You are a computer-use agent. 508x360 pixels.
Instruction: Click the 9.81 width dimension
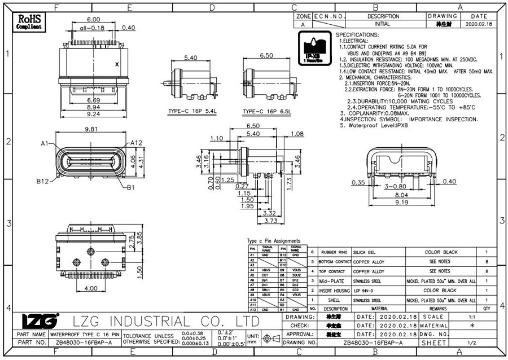pyautogui.click(x=91, y=129)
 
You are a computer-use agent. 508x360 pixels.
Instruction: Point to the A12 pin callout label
pyautogui.click(x=135, y=143)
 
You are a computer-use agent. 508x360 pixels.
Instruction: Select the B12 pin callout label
pyautogui.click(x=43, y=181)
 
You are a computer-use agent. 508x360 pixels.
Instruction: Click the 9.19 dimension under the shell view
pyautogui.click(x=401, y=201)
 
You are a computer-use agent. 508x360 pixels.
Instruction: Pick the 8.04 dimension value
pyautogui.click(x=401, y=193)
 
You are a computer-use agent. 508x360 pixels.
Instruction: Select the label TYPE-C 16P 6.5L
pyautogui.click(x=266, y=111)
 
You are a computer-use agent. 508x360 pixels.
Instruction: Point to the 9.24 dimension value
pyautogui.click(x=94, y=114)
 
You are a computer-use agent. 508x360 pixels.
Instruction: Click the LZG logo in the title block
pyautogui.click(x=40, y=321)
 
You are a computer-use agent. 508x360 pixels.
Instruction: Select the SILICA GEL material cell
pyautogui.click(x=364, y=252)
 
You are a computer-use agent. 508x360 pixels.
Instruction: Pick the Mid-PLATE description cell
pyautogui.click(x=332, y=280)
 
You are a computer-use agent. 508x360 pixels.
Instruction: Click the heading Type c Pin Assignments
pyautogui.click(x=274, y=241)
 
